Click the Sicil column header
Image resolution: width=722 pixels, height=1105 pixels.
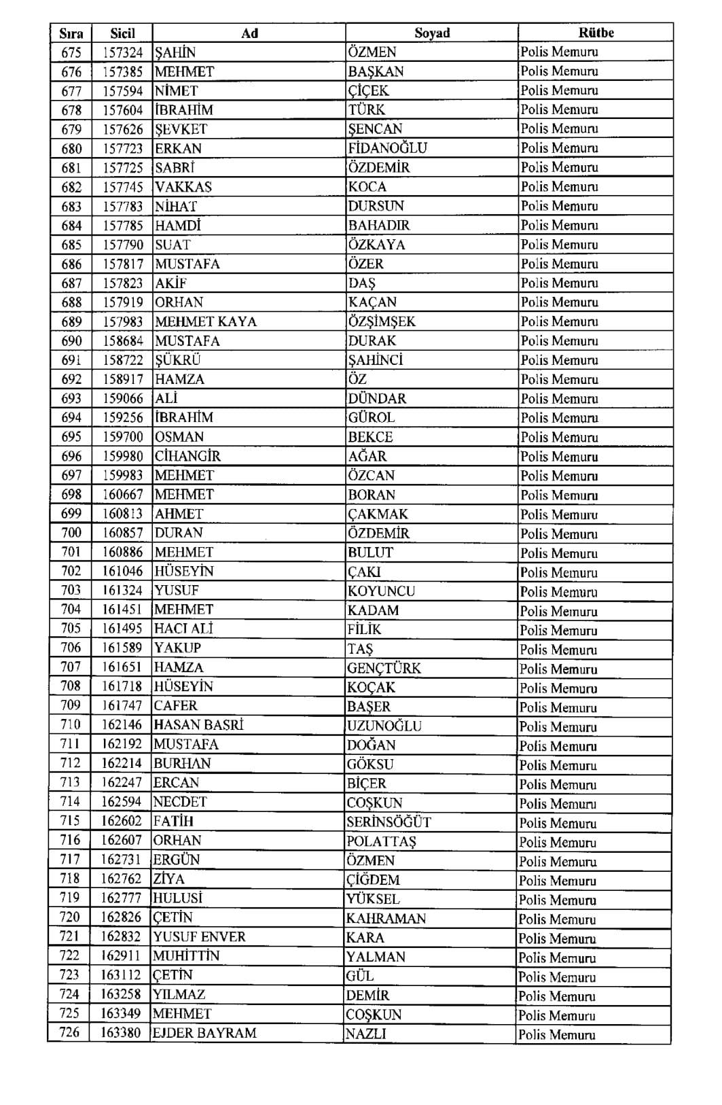(122, 33)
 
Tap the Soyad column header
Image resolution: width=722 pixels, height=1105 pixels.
(432, 33)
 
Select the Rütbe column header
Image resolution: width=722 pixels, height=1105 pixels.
(596, 33)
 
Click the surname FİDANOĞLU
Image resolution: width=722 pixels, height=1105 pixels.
(387, 148)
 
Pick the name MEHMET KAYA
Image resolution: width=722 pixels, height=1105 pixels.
(206, 321)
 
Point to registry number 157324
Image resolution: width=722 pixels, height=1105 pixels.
(123, 52)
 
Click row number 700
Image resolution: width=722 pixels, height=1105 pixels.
(71, 533)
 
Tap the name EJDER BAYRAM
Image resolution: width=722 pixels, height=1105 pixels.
(204, 1033)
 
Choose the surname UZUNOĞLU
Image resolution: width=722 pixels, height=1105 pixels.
(384, 726)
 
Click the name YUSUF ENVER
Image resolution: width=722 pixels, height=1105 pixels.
(199, 936)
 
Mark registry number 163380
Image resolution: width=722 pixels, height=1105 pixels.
(121, 1033)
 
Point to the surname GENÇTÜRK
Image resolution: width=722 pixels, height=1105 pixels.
(384, 668)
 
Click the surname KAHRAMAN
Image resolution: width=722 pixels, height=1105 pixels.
(386, 918)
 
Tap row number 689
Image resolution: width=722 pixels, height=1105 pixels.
(71, 321)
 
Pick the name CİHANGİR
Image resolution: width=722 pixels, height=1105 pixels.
(187, 456)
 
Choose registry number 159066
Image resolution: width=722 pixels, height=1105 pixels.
(123, 398)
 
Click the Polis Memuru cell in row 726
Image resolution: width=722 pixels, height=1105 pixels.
(556, 1034)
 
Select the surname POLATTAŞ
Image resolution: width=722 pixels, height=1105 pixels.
(381, 841)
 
